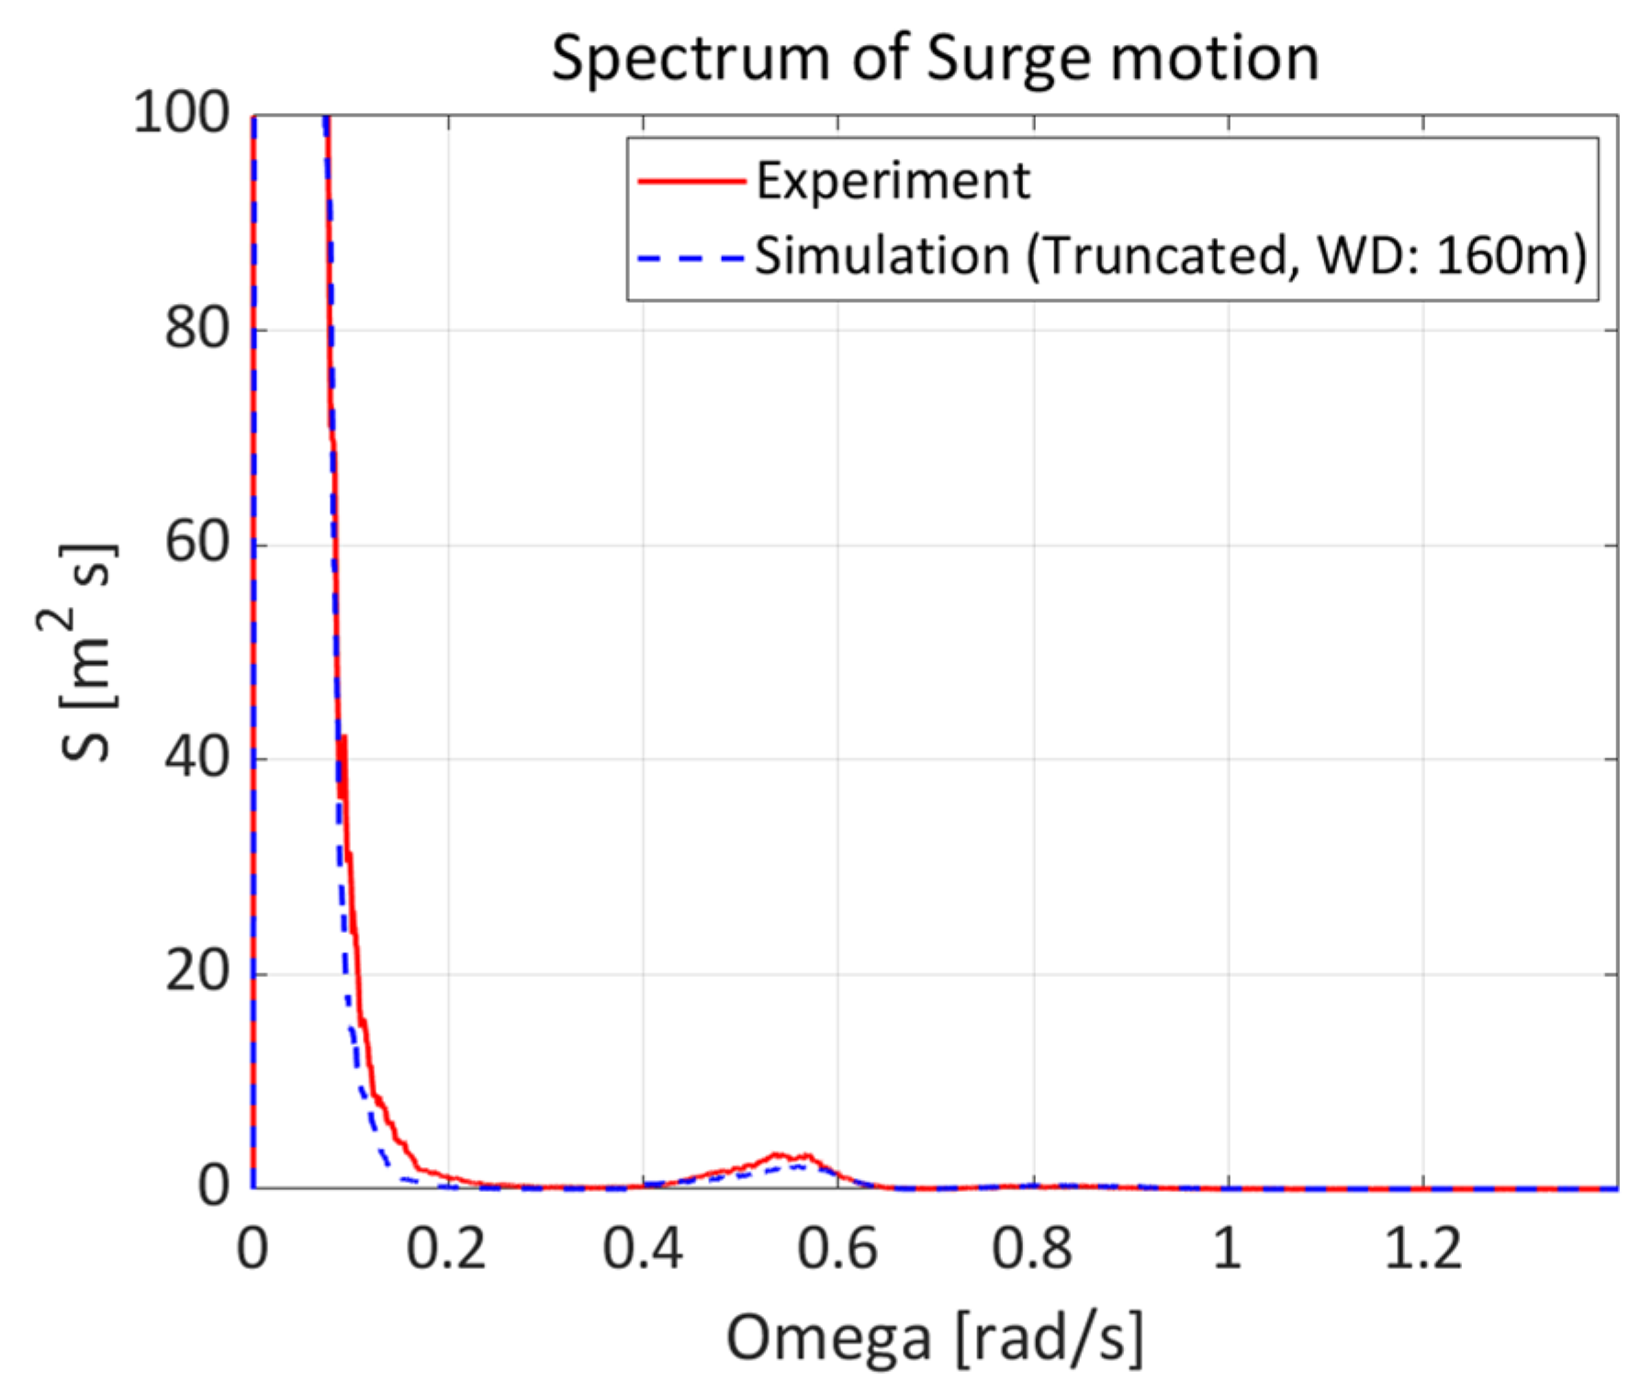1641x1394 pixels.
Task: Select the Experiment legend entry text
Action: [893, 181]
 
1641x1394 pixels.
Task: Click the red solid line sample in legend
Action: [691, 182]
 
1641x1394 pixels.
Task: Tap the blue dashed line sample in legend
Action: [691, 257]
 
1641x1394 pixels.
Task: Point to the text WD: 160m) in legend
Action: [1451, 256]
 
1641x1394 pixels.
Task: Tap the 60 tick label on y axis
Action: [197, 544]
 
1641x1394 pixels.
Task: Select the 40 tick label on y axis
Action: [197, 759]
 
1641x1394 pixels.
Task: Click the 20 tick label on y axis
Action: [197, 972]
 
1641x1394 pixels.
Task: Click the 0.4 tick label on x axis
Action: [642, 1249]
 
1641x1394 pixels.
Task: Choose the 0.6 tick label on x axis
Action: [837, 1249]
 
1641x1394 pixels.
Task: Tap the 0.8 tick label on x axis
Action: [1032, 1249]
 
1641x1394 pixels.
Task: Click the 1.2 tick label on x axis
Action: [1422, 1249]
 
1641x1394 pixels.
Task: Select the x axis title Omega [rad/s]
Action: [934, 1337]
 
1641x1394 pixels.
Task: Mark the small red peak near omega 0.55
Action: [779, 1154]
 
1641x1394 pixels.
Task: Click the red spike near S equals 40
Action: [343, 740]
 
